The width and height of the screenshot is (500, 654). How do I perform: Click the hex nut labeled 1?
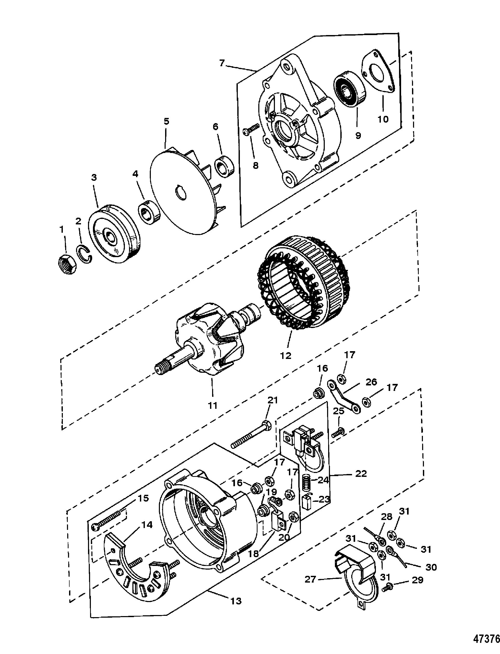pyautogui.click(x=67, y=264)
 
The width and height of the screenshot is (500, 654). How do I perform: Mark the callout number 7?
pyautogui.click(x=222, y=63)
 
